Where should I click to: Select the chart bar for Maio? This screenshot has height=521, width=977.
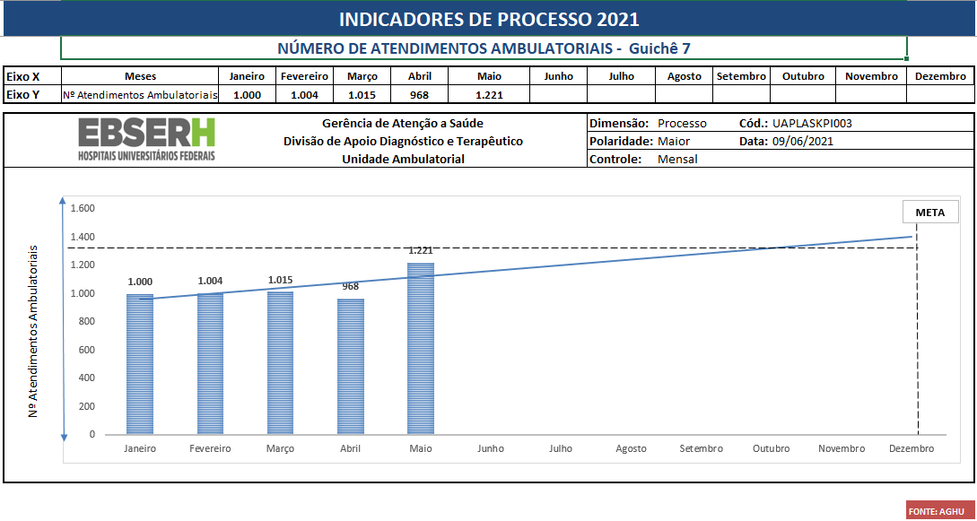(x=420, y=349)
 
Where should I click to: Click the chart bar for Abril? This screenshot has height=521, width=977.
(x=350, y=367)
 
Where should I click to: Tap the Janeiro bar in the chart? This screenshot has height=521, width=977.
(x=140, y=363)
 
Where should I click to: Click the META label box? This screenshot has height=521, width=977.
(x=930, y=213)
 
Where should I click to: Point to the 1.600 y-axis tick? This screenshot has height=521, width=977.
(x=83, y=209)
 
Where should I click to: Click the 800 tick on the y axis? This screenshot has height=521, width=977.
(x=86, y=321)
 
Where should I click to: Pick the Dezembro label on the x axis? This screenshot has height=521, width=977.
(x=911, y=448)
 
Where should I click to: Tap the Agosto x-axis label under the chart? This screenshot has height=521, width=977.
(x=631, y=448)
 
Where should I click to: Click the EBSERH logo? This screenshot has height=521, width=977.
(x=147, y=140)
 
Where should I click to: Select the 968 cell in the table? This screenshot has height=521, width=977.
(x=419, y=94)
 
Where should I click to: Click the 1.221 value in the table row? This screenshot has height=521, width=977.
(x=489, y=94)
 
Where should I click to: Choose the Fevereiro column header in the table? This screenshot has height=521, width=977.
(x=305, y=76)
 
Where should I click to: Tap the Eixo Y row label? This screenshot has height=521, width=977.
(x=23, y=94)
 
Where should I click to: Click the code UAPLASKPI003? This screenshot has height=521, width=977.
(x=811, y=124)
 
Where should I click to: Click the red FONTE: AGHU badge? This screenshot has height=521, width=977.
(x=936, y=511)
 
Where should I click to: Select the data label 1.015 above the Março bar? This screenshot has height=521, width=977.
(x=280, y=280)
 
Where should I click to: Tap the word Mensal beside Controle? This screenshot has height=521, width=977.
(x=677, y=159)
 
